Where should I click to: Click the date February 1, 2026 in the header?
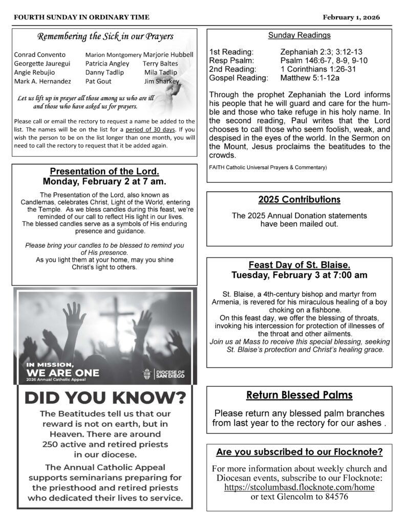[351, 17]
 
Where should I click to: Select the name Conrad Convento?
[40, 55]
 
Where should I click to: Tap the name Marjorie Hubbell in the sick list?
[168, 55]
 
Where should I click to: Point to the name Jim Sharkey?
[162, 81]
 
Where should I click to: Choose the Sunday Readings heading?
[299, 35]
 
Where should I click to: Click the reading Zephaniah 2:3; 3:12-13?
[322, 52]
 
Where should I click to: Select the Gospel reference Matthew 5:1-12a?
[310, 78]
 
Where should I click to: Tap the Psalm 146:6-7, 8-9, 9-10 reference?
[324, 61]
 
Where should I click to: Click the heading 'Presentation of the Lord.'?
[104, 171]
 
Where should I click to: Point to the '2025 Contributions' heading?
[299, 200]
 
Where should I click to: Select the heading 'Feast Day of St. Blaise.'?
[299, 265]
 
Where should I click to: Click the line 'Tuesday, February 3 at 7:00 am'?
[299, 275]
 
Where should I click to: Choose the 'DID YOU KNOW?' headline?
[105, 398]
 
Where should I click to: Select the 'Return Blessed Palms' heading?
[299, 395]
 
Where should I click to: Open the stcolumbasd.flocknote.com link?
[299, 487]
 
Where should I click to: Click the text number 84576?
[334, 497]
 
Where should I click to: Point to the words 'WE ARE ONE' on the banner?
[62, 373]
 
